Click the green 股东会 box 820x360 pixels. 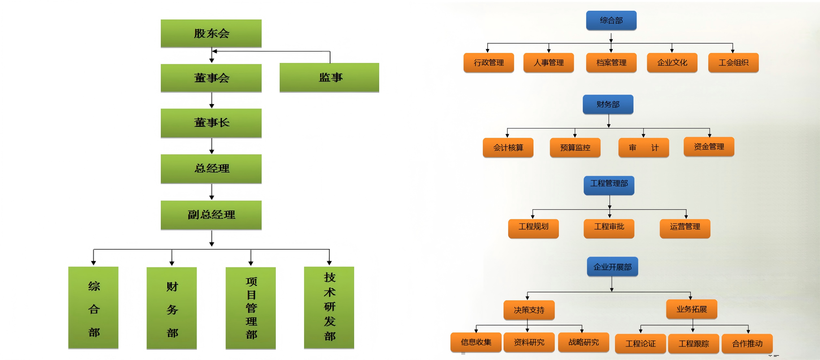click(x=211, y=33)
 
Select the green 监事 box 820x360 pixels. click(x=329, y=77)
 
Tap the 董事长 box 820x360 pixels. click(x=211, y=123)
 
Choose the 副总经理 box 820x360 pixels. click(x=211, y=215)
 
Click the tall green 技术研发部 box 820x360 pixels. click(x=329, y=307)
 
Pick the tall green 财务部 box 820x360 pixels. click(x=172, y=308)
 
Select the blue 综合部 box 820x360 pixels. click(x=611, y=20)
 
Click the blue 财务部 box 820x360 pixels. click(x=608, y=104)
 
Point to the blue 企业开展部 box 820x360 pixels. click(x=612, y=266)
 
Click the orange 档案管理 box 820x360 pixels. click(x=611, y=62)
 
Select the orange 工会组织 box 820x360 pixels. click(x=733, y=62)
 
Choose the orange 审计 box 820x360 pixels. click(x=643, y=148)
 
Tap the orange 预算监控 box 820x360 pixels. click(x=575, y=148)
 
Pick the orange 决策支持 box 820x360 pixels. click(x=529, y=310)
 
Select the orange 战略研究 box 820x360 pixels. click(x=583, y=342)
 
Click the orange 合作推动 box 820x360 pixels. click(x=747, y=343)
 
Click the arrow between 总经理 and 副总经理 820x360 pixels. click(x=211, y=192)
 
